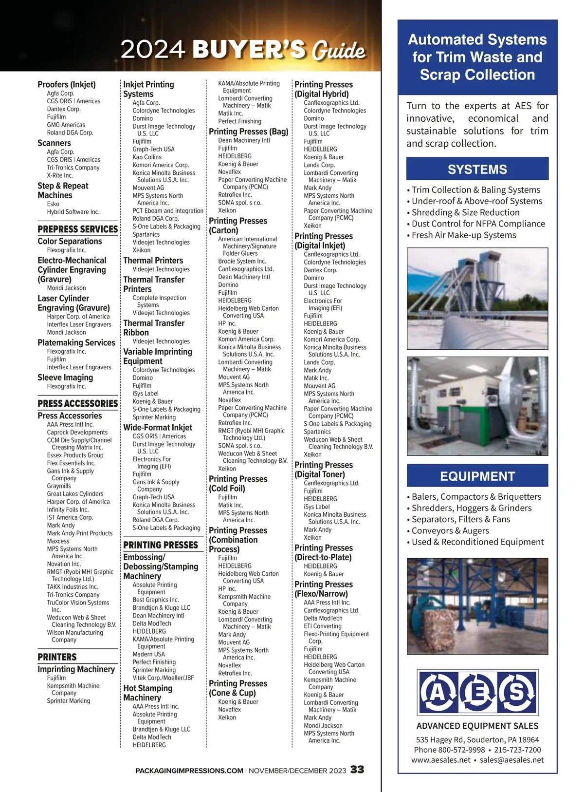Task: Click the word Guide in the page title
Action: coord(339,51)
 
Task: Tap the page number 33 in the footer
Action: coord(357,770)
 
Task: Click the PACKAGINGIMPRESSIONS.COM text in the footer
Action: coord(189,771)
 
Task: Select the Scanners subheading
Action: coord(54,143)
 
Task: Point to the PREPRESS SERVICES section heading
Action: coord(78,229)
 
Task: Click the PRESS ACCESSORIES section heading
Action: coord(78,403)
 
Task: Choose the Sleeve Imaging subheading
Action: coord(65,377)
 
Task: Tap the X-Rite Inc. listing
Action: coord(60,175)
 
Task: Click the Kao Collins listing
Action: coord(147,157)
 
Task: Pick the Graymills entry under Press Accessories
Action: coord(59,486)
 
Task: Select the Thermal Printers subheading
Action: coord(153,261)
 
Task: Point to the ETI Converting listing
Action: coord(323,626)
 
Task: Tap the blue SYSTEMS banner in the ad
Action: coord(477,169)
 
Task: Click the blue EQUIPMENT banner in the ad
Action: coord(477,476)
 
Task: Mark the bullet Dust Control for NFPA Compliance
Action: coord(478,224)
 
